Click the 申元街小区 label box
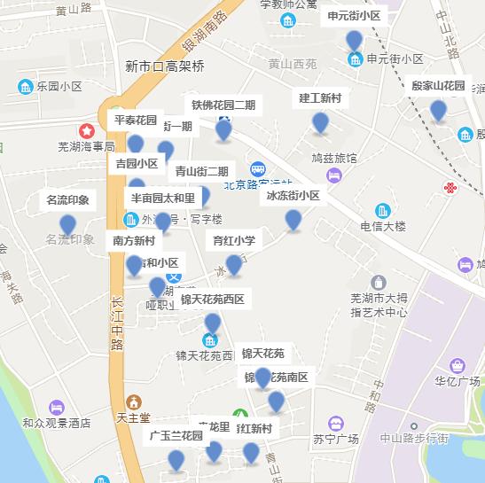(354, 15)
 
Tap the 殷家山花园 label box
(438, 86)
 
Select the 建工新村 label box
(321, 97)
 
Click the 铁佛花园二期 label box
(223, 105)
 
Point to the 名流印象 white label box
(67, 200)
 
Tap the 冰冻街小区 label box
(293, 196)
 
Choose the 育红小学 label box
(234, 240)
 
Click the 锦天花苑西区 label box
(212, 300)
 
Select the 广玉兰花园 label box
(176, 436)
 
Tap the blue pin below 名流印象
(67, 225)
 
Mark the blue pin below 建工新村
(321, 123)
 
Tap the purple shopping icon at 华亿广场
(458, 365)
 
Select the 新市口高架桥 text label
(165, 66)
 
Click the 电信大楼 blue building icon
(382, 211)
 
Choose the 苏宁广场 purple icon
(334, 424)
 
